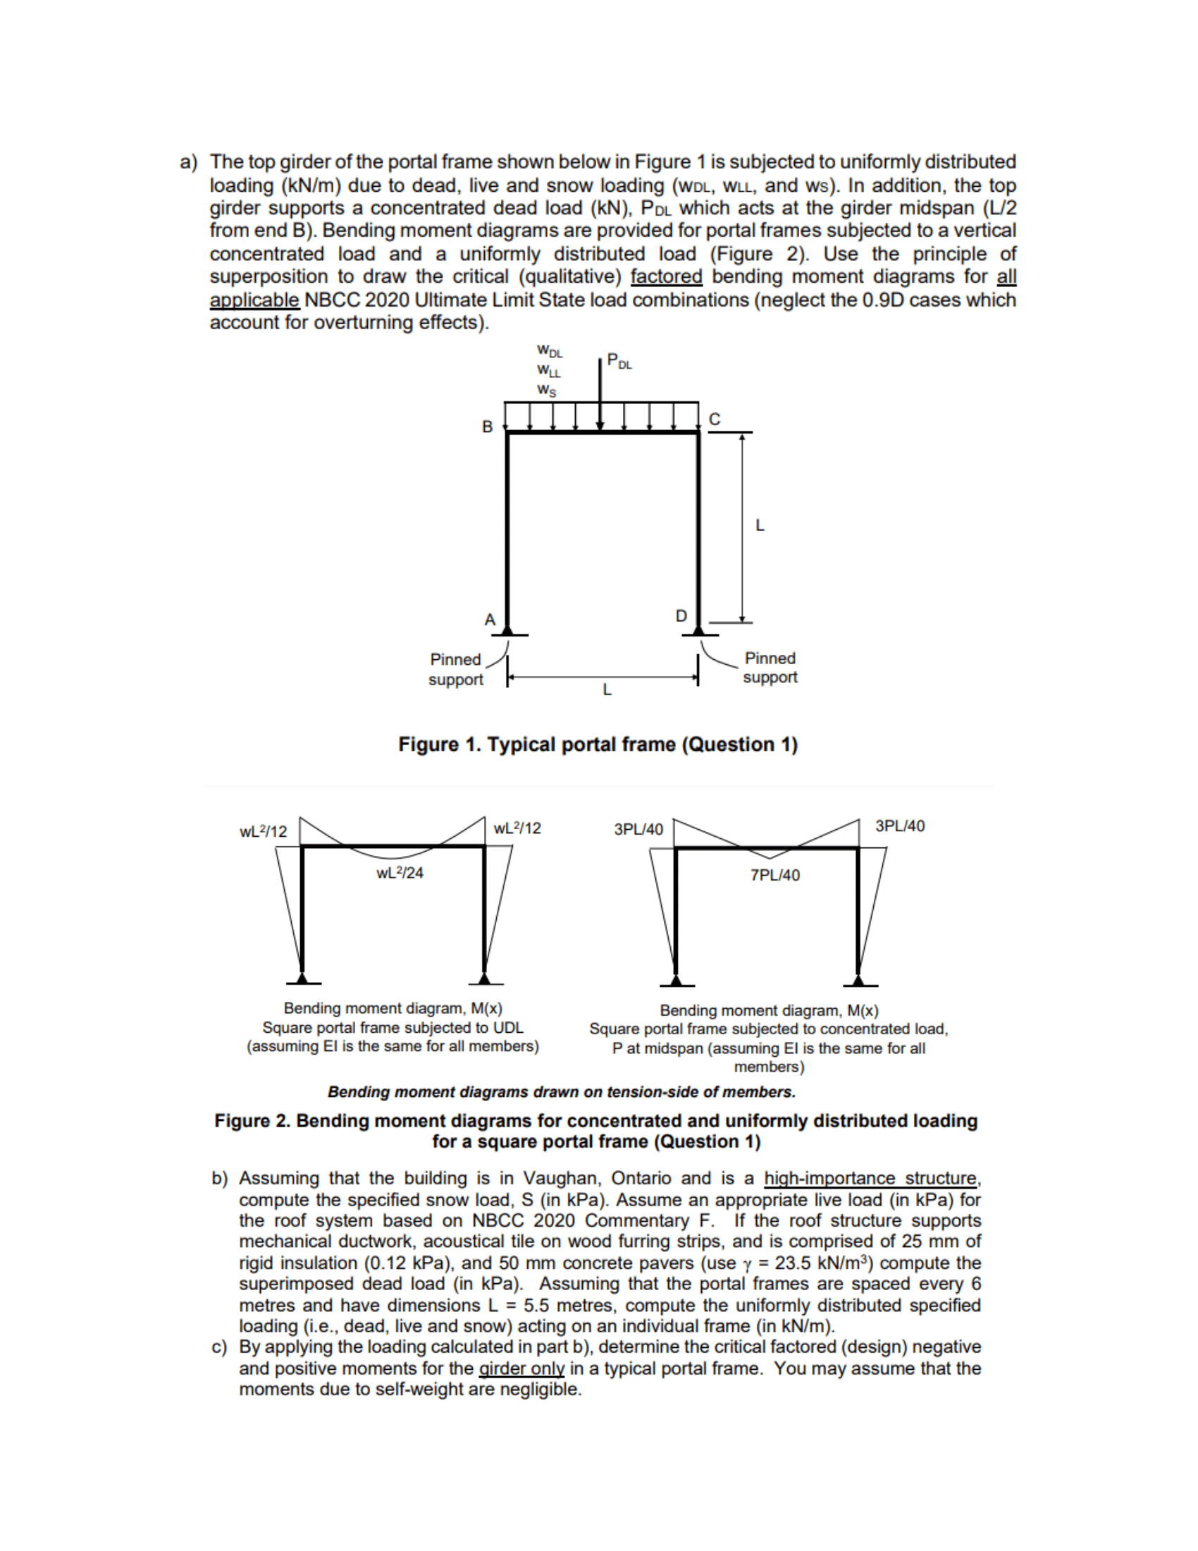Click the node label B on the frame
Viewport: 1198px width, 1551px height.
pyautogui.click(x=487, y=427)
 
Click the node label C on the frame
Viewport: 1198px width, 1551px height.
pyautogui.click(x=715, y=419)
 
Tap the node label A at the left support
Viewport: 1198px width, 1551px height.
pyautogui.click(x=490, y=619)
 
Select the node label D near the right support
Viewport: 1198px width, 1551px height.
pyautogui.click(x=681, y=615)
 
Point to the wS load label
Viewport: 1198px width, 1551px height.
pyautogui.click(x=546, y=390)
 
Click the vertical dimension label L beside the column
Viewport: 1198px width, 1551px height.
pyautogui.click(x=760, y=525)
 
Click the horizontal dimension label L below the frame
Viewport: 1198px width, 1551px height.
pyautogui.click(x=607, y=689)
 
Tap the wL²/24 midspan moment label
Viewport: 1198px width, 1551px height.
pyautogui.click(x=400, y=873)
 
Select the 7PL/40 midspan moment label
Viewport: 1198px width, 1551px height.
pyautogui.click(x=775, y=875)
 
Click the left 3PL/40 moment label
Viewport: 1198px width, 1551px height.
pyautogui.click(x=638, y=830)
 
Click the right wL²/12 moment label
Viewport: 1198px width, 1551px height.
pyautogui.click(x=517, y=828)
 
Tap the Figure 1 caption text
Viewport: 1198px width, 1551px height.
pyautogui.click(x=598, y=744)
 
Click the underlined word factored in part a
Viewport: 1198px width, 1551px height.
pyautogui.click(x=666, y=277)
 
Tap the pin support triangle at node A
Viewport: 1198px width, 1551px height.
pyautogui.click(x=507, y=629)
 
